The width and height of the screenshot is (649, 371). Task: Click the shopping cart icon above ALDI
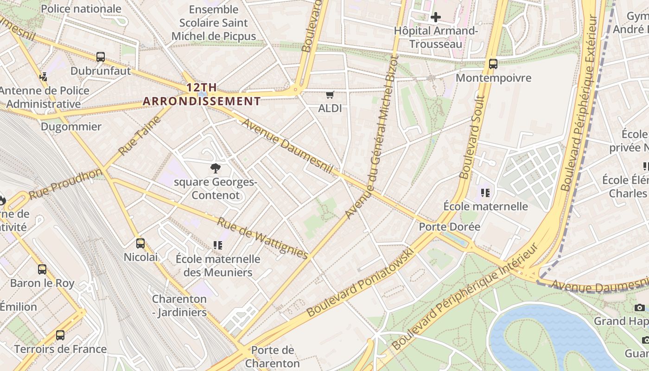330,95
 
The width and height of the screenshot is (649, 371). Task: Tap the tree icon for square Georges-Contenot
215,168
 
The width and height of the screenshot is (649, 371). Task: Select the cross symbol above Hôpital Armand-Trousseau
435,18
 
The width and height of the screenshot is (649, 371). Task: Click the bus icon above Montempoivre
493,64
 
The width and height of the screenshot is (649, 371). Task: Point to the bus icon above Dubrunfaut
101,57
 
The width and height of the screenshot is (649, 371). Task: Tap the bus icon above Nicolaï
140,243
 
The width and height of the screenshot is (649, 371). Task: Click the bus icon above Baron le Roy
42,269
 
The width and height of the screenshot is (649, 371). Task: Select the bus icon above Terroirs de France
60,335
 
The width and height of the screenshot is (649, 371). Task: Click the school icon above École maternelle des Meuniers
217,245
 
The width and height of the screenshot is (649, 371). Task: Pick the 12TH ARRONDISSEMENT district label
202,94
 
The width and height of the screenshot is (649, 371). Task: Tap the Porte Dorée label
449,227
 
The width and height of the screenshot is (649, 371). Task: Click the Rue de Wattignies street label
262,238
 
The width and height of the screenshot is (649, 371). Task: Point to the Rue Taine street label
139,136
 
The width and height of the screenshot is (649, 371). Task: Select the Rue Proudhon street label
65,184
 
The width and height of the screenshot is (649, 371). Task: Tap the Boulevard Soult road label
472,137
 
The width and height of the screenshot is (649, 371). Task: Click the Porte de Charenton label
273,356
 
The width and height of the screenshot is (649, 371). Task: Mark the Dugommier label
71,127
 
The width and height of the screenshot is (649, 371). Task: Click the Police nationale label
81,9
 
